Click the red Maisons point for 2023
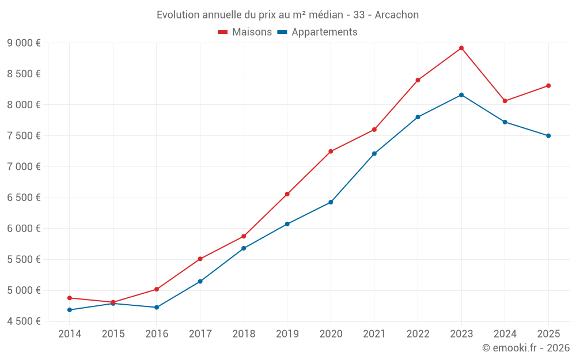coord(461,48)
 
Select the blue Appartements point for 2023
coord(461,94)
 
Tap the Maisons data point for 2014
coord(70,298)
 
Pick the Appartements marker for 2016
coord(157,308)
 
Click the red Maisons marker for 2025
coord(548,86)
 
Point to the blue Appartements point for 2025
coord(548,136)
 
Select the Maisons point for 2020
coord(331,151)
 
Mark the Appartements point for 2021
coord(374,154)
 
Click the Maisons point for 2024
coord(505,101)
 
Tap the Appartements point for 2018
coord(244,248)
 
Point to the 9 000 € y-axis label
coord(24,43)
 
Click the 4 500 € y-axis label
coord(24,321)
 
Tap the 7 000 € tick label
coord(24,166)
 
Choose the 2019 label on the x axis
coord(287,334)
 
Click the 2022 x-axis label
coord(418,334)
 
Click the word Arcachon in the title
coord(397,14)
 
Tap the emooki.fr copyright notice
coord(526,348)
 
